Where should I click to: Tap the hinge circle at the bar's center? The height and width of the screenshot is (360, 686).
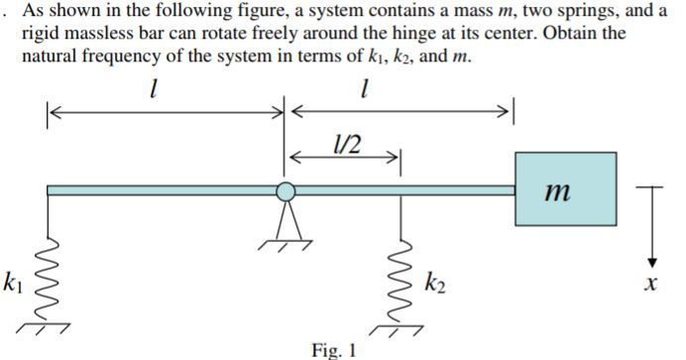285,191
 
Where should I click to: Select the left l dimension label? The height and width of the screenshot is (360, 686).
151,92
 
